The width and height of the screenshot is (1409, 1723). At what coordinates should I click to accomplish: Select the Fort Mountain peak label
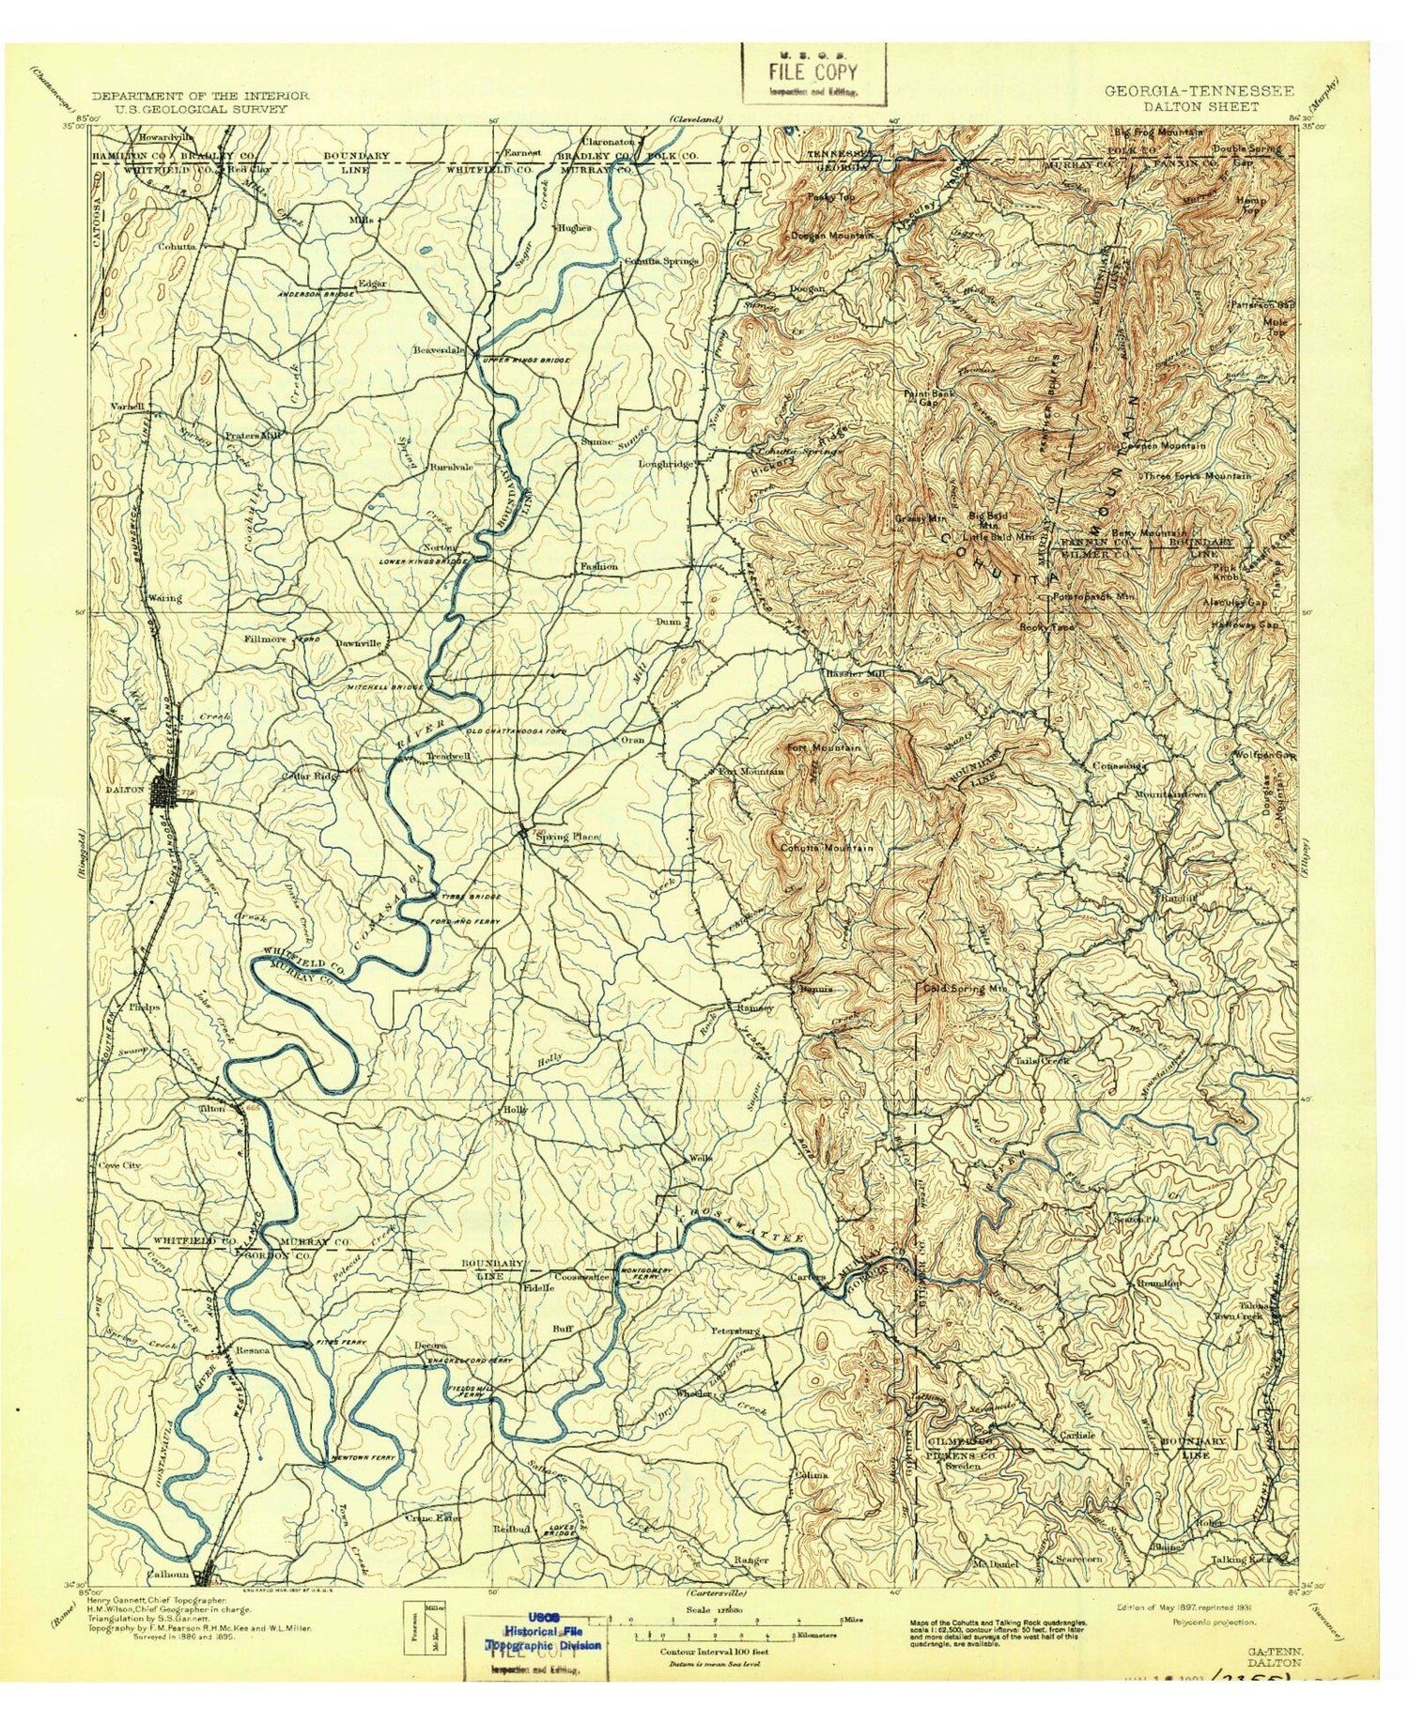[824, 747]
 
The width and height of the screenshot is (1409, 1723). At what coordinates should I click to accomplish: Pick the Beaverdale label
[440, 350]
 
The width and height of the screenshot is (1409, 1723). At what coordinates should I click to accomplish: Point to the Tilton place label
[211, 1108]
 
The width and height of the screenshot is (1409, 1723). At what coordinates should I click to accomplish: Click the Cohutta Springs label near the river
[663, 260]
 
